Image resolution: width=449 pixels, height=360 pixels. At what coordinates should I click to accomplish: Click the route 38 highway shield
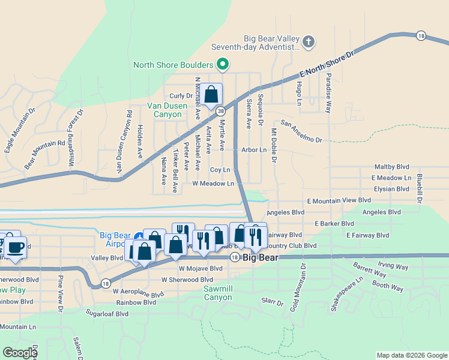(x=221, y=110)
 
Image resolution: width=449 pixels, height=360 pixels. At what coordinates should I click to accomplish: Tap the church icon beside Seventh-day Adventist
(x=308, y=41)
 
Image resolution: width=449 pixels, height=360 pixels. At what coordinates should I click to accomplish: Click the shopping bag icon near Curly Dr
(x=211, y=94)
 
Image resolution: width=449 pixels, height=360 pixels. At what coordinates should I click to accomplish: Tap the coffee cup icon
(x=16, y=246)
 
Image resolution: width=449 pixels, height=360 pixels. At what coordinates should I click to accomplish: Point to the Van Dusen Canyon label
(x=164, y=110)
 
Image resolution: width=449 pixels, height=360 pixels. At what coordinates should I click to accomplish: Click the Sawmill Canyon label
(x=217, y=293)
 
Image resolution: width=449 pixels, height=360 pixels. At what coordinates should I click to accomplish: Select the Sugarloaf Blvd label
(x=107, y=313)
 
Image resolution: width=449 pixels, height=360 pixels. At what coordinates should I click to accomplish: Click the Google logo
(x=20, y=353)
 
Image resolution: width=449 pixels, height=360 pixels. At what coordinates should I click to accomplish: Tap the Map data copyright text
(x=412, y=355)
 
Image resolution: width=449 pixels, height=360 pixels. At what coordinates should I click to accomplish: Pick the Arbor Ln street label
(x=254, y=150)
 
